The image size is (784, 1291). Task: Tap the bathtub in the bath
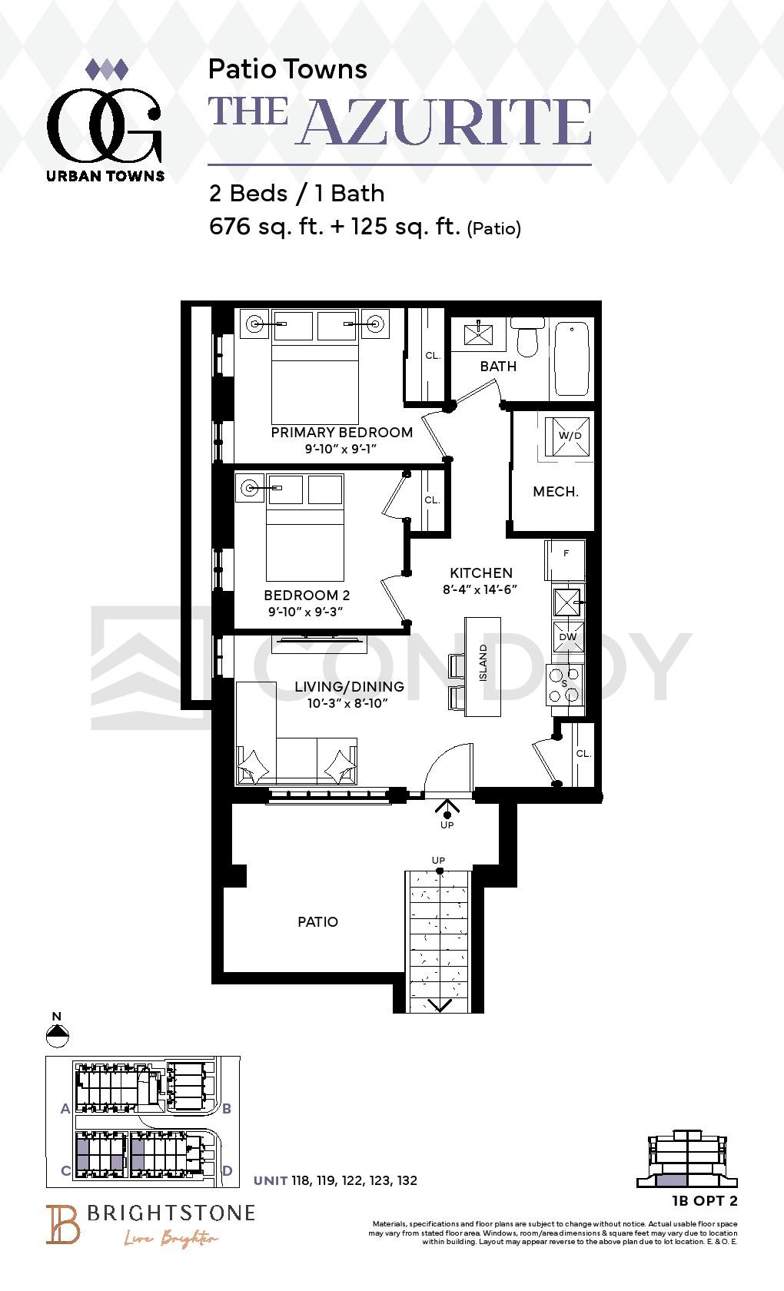572,358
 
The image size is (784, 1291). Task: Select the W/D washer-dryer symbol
567,436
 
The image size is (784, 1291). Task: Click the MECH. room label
555,492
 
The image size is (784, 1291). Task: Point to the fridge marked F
565,559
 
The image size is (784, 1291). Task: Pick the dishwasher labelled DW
568,636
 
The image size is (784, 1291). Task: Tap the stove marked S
565,685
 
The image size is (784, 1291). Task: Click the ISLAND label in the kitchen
483,662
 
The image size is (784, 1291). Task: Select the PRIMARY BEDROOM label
342,432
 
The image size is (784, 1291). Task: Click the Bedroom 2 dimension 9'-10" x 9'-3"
306,612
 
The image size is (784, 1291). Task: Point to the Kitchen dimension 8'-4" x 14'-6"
480,589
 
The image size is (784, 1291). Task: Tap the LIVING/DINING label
349,686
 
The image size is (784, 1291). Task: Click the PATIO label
317,922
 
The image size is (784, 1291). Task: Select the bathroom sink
478,334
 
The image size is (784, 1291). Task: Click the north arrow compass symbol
57,1035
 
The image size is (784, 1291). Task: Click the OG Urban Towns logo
105,121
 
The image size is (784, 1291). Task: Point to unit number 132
407,1180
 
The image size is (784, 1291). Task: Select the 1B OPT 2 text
704,1201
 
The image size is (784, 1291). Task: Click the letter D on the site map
228,1170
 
